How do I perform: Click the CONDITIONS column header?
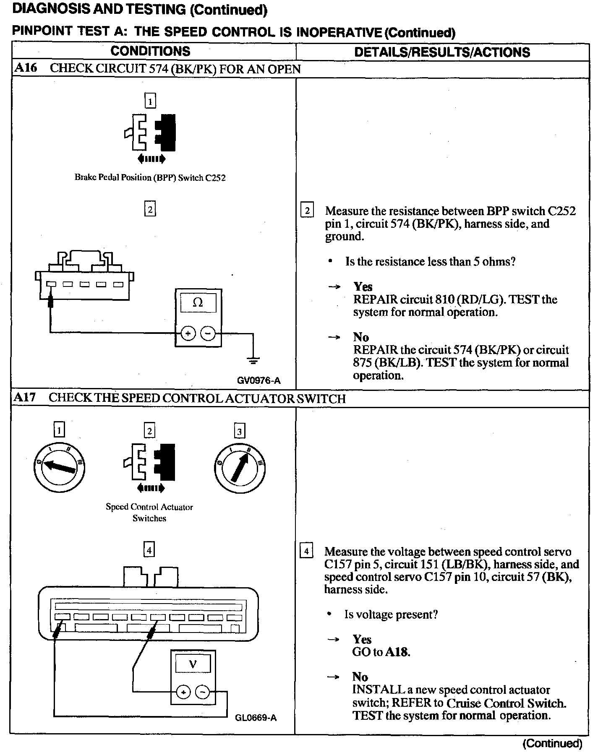[x=150, y=51]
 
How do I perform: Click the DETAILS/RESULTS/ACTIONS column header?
[x=442, y=52]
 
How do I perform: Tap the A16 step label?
[x=26, y=68]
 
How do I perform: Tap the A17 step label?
[x=25, y=398]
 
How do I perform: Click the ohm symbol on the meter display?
[x=198, y=302]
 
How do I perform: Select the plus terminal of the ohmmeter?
[x=188, y=333]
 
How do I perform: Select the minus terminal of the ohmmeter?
[x=208, y=333]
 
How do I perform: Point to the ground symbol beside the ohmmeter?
[x=253, y=360]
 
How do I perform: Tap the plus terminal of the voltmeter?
[x=183, y=692]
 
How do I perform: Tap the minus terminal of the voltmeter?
[x=203, y=692]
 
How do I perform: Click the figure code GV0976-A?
[x=258, y=381]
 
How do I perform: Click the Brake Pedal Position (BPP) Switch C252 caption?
[x=150, y=177]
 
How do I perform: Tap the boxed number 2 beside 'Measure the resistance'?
[x=307, y=210]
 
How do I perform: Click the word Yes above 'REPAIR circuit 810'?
[x=363, y=286]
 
